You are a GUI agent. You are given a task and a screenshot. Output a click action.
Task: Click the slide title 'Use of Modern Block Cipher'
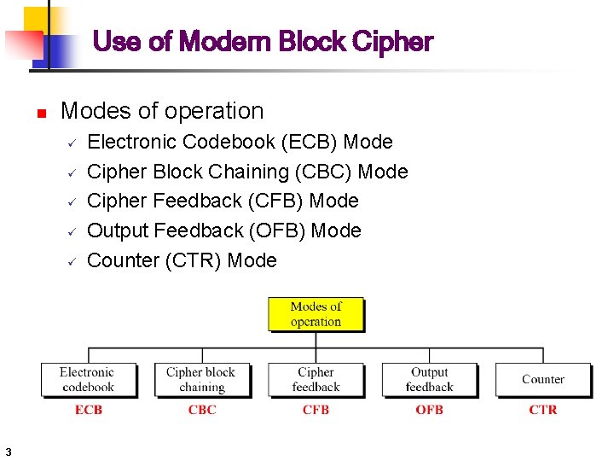tap(262, 41)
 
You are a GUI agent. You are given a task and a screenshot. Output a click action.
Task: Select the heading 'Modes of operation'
tap(162, 111)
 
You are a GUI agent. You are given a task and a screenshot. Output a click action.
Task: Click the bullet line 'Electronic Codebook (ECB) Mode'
tap(240, 142)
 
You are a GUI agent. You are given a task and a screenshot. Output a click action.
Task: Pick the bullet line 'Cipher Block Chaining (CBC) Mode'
tap(247, 172)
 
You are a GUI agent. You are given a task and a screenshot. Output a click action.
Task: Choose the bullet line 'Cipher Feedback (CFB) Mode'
tap(223, 201)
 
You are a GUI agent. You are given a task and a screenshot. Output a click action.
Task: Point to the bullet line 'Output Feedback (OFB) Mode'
tap(224, 230)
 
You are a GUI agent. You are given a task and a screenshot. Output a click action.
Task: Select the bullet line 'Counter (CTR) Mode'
tap(182, 260)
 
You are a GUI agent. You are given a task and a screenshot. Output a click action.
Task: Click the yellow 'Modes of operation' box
tap(316, 314)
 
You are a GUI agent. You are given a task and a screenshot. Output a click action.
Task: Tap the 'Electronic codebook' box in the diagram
tap(88, 379)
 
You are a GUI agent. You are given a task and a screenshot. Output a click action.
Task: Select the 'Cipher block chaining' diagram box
tap(201, 379)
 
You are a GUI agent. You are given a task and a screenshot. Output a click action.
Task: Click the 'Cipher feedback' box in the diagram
tap(316, 379)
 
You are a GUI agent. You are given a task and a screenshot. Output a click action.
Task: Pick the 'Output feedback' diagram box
tap(429, 379)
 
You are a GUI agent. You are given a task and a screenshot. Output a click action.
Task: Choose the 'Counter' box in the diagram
tap(542, 379)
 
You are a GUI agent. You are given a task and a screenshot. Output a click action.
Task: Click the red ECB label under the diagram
tap(89, 410)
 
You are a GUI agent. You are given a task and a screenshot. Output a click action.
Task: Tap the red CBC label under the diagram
tap(202, 410)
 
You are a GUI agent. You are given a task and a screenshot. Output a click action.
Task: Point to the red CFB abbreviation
tap(316, 410)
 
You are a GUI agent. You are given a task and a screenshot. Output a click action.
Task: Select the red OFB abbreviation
tap(429, 410)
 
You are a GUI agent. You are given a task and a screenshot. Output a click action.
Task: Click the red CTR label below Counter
tap(542, 410)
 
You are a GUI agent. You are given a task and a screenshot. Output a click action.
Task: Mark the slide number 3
tap(7, 451)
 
